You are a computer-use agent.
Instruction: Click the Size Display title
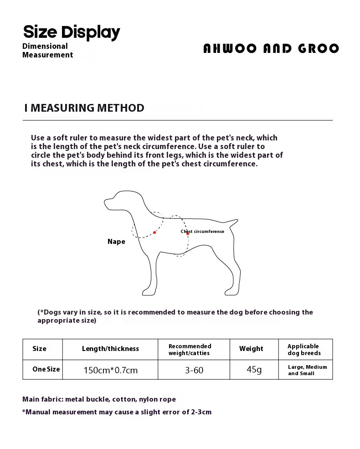click(x=72, y=32)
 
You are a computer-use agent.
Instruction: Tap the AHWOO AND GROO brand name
click(x=271, y=49)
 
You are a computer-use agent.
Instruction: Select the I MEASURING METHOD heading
click(x=84, y=108)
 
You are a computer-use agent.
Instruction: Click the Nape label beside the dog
click(x=116, y=242)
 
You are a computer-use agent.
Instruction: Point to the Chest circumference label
click(x=203, y=232)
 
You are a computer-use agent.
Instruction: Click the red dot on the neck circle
click(x=155, y=232)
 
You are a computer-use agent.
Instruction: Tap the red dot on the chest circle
click(x=187, y=234)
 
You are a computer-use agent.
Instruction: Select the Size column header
click(x=40, y=349)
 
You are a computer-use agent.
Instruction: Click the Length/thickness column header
click(x=110, y=349)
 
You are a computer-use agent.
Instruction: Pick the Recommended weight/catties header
click(x=190, y=349)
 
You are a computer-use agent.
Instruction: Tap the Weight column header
click(x=251, y=349)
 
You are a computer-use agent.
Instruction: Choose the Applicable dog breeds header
click(x=304, y=350)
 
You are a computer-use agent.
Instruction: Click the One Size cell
click(x=46, y=369)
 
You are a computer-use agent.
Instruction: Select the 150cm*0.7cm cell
click(x=110, y=370)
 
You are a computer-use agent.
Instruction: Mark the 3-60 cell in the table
click(x=194, y=370)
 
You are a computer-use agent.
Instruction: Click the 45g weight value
click(x=254, y=370)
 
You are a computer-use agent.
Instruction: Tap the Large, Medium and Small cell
click(x=307, y=370)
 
